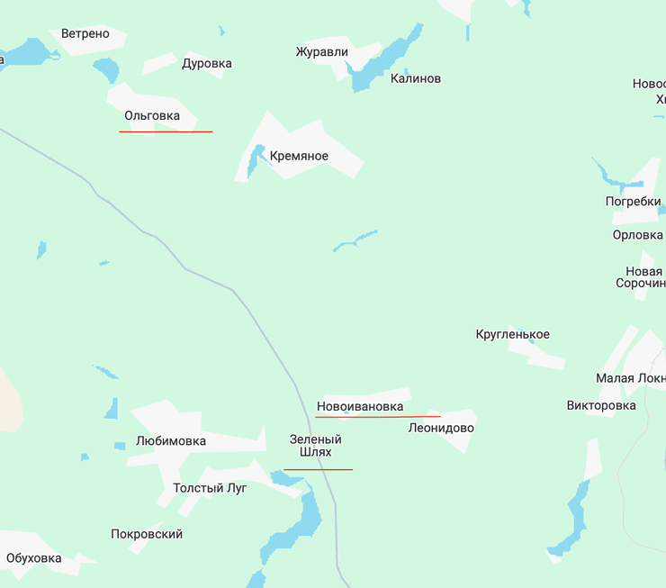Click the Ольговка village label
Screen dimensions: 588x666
152,116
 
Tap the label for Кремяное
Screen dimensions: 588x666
299,157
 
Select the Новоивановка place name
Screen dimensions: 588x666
360,407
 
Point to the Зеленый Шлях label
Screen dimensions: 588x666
316,446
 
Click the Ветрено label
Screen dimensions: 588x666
85,34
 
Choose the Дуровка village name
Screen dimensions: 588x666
207,64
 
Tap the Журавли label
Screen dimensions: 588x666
321,52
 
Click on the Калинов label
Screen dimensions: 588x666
416,79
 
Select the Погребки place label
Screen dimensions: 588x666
633,202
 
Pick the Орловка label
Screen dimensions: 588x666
637,235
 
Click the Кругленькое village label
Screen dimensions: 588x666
512,335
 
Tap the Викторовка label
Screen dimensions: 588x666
601,405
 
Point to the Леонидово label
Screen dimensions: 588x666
441,429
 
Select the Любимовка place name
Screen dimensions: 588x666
170,441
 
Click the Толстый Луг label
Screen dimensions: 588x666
210,488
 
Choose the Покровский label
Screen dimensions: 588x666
147,534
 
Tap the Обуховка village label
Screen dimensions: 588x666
34,558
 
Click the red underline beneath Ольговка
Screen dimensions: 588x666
166,132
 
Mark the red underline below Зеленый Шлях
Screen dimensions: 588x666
318,469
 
